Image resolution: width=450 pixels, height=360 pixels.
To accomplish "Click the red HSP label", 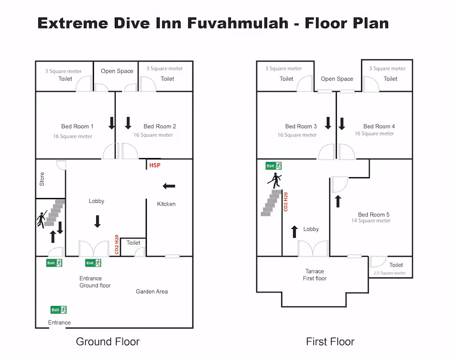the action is pyautogui.click(x=155, y=165).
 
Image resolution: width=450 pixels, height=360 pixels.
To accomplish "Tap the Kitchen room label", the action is pyautogui.click(x=166, y=204).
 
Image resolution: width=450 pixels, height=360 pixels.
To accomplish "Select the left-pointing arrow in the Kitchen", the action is pyautogui.click(x=169, y=186).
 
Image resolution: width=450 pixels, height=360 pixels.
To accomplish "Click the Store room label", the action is pyautogui.click(x=42, y=179).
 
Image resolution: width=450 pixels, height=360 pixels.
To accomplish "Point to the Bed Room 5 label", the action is pyautogui.click(x=373, y=214).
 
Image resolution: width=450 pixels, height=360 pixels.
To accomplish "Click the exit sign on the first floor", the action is pyautogui.click(x=273, y=166).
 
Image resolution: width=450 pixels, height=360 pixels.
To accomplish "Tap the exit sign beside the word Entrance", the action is pyautogui.click(x=58, y=310).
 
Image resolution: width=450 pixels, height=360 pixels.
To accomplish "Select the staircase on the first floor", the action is pyautogui.click(x=271, y=202).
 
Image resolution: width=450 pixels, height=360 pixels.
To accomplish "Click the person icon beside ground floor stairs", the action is pyautogui.click(x=42, y=219).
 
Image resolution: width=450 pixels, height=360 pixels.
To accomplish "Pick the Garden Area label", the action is pyautogui.click(x=152, y=291).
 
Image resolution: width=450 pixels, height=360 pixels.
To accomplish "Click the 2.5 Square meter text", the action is pyautogui.click(x=389, y=273).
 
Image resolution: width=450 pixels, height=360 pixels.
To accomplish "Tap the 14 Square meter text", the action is pyautogui.click(x=371, y=220).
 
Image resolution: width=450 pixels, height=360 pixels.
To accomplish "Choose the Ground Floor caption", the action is pyautogui.click(x=107, y=341).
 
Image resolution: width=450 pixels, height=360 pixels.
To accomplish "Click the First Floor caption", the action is pyautogui.click(x=330, y=341).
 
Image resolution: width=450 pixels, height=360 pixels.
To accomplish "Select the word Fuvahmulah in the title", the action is pyautogui.click(x=238, y=23).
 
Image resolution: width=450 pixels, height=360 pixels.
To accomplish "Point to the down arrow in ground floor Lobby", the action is pyautogui.click(x=97, y=221).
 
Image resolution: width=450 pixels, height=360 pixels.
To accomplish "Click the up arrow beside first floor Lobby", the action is pyautogui.click(x=294, y=232).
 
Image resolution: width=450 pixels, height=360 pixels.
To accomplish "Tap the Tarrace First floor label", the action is pyautogui.click(x=314, y=274).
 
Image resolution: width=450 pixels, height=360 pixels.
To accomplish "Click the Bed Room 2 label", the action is pyautogui.click(x=160, y=127).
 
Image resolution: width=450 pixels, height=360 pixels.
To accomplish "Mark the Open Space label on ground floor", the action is pyautogui.click(x=117, y=71).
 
